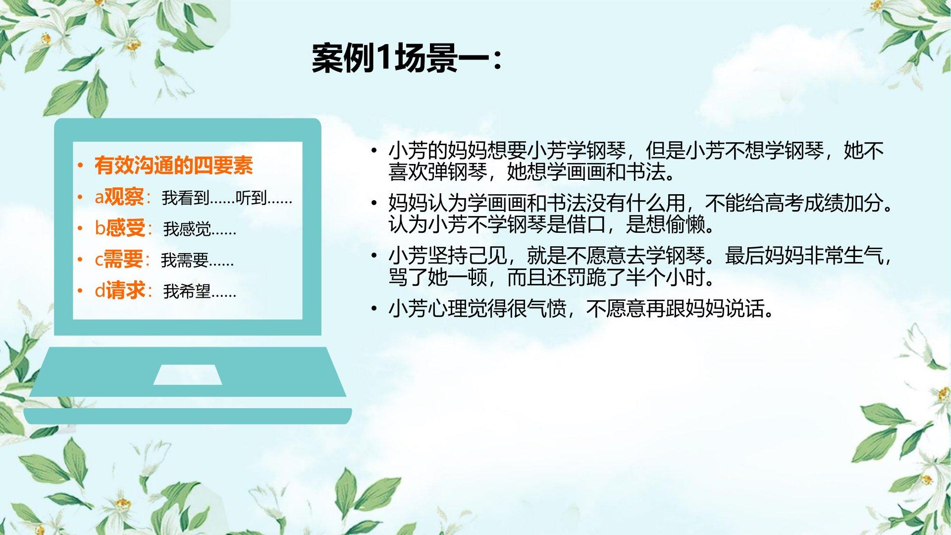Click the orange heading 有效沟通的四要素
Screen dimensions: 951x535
pos(174,165)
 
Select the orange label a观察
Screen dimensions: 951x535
pos(119,197)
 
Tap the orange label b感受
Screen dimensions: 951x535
pos(120,228)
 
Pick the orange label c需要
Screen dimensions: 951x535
pos(119,259)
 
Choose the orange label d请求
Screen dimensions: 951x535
pos(120,290)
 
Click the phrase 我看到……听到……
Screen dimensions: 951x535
pos(227,198)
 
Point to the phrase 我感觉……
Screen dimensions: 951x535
pos(200,229)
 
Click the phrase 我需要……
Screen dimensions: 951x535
pos(197,260)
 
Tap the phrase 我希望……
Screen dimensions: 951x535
pos(200,291)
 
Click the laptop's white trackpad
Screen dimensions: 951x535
pos(188,374)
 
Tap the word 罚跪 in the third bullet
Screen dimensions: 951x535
pos(586,277)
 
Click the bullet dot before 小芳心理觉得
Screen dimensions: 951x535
pos(374,309)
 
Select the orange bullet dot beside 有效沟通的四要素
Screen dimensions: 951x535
pos(80,166)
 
